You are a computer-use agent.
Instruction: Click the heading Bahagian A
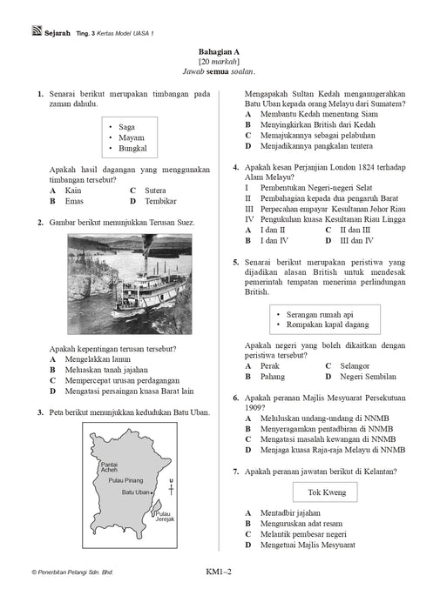pyautogui.click(x=219, y=51)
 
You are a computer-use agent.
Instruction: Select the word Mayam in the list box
pyautogui.click(x=132, y=137)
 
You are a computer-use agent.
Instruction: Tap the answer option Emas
pyautogui.click(x=74, y=201)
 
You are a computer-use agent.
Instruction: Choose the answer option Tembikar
pyautogui.click(x=160, y=201)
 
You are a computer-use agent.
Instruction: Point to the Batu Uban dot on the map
pyautogui.click(x=152, y=492)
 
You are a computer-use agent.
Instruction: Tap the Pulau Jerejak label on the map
pyautogui.click(x=165, y=516)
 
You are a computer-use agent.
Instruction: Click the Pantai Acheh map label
pyautogui.click(x=109, y=467)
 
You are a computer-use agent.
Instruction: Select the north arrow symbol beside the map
pyautogui.click(x=171, y=487)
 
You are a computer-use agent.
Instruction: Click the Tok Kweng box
pyautogui.click(x=325, y=492)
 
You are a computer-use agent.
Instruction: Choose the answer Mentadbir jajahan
pyautogui.click(x=290, y=513)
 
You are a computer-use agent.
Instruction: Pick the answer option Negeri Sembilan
pyautogui.click(x=368, y=377)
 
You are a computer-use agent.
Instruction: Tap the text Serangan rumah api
pyautogui.click(x=320, y=315)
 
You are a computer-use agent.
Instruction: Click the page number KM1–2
pyautogui.click(x=219, y=572)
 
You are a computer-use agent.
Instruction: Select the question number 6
pyautogui.click(x=236, y=398)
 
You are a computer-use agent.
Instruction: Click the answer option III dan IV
pyautogui.click(x=356, y=240)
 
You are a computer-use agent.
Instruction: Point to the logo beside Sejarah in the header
pyautogui.click(x=37, y=30)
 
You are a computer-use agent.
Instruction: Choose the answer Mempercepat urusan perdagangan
pyautogui.click(x=122, y=380)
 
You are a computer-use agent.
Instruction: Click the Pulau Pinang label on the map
pyautogui.click(x=125, y=480)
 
